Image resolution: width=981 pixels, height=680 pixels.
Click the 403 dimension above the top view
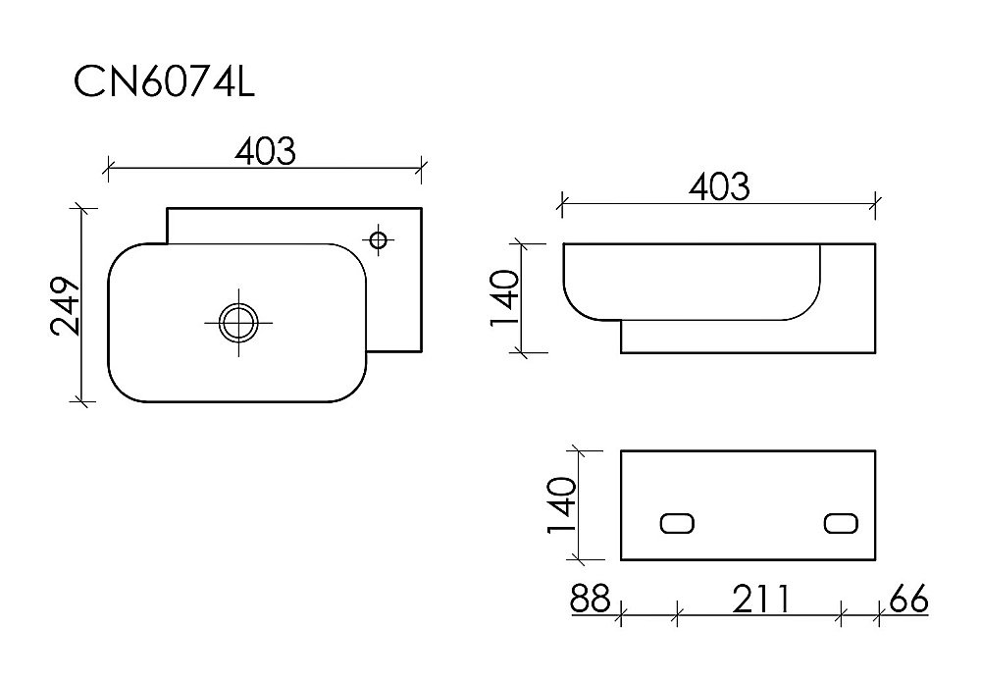click(264, 150)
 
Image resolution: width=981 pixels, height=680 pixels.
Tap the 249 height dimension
click(66, 305)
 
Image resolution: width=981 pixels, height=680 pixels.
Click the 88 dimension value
click(590, 599)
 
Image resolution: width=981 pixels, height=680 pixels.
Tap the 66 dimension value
click(907, 599)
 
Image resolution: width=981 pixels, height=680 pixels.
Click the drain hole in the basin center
click(237, 322)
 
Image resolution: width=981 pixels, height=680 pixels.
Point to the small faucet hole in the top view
click(378, 237)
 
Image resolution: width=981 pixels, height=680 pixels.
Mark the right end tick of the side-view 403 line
click(875, 204)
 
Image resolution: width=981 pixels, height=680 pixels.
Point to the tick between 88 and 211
click(678, 616)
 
